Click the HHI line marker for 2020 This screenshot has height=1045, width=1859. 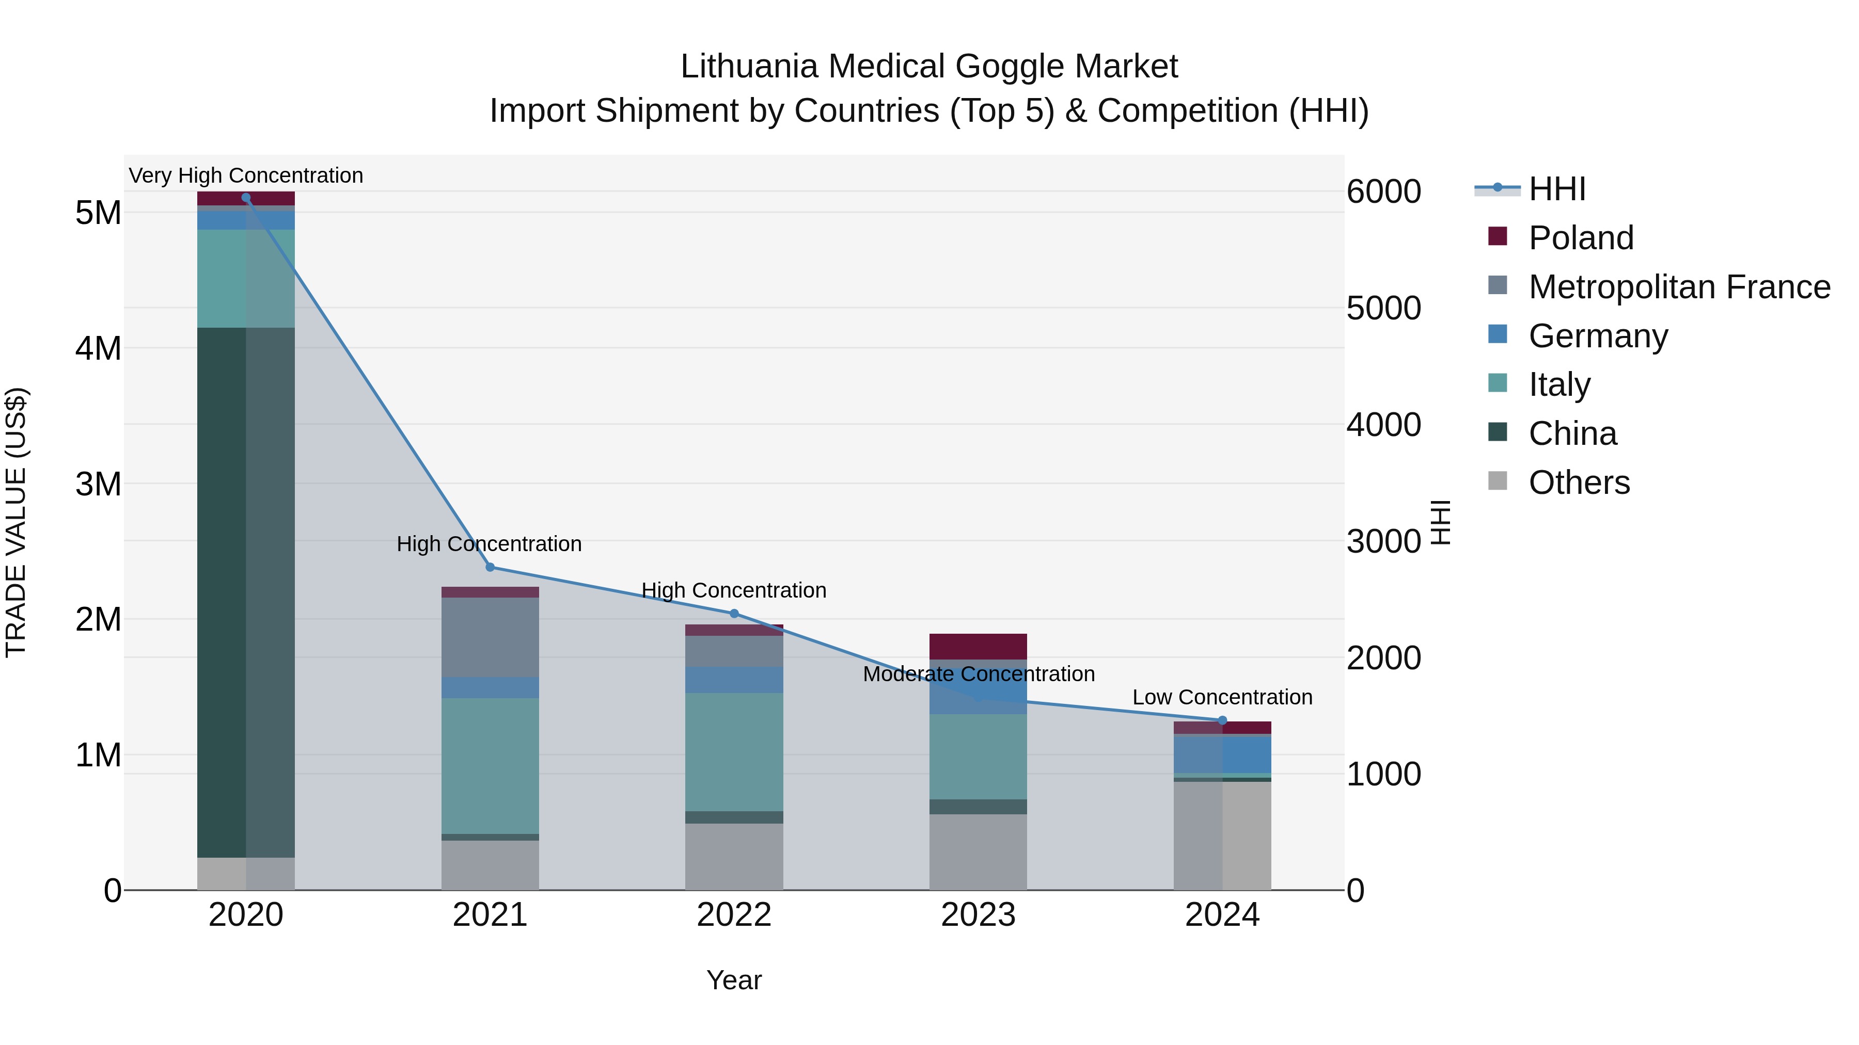point(246,198)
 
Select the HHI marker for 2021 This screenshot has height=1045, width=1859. point(490,568)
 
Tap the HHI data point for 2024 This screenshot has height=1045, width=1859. point(1222,720)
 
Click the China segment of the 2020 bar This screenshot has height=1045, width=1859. point(246,591)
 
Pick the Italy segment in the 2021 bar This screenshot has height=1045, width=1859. point(490,766)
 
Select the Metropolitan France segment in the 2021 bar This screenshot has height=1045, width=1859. point(490,637)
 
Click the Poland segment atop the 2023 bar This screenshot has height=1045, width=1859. point(978,646)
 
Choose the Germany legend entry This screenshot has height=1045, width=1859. point(1597,336)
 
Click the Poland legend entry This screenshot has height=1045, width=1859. point(1581,238)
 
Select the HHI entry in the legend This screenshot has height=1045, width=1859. point(1556,189)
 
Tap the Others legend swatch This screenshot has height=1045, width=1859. point(1498,481)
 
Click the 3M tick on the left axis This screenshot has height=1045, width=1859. point(98,484)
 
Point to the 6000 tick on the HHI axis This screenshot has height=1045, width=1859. point(1383,192)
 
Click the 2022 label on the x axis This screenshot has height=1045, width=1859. point(734,915)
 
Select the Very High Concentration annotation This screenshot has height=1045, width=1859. point(246,175)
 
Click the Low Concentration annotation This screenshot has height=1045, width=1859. point(1222,697)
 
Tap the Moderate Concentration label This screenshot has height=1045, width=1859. point(979,674)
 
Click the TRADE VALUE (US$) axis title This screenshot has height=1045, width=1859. point(16,522)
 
